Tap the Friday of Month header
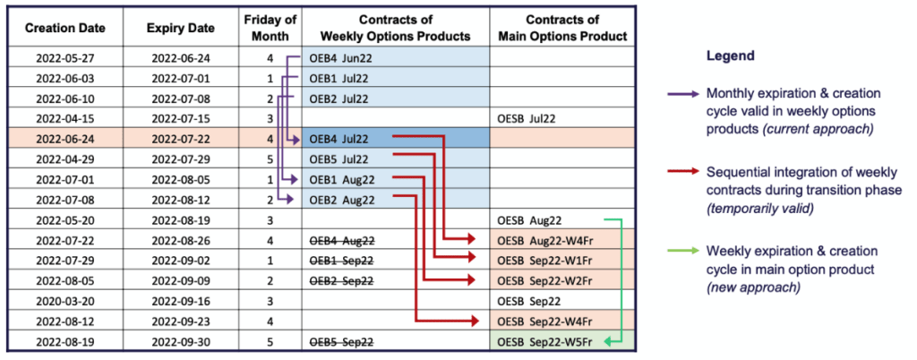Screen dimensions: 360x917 coord(271,28)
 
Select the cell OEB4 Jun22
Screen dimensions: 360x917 coord(341,57)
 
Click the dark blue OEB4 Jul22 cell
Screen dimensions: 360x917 coord(341,139)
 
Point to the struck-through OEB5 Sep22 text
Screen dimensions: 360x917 coord(341,341)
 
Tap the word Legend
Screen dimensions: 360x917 coord(730,56)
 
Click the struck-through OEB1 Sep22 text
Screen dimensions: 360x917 coord(341,261)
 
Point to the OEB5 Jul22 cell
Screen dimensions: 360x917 coord(341,159)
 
